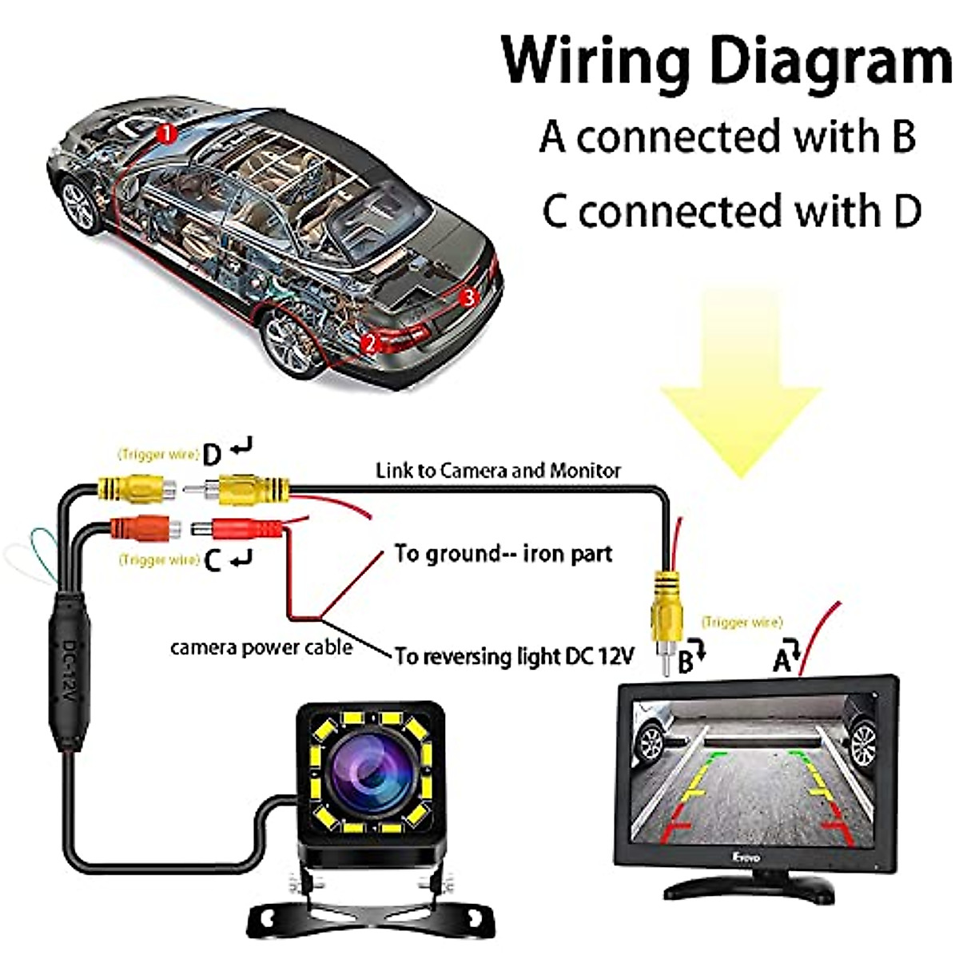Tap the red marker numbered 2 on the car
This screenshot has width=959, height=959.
[x=369, y=344]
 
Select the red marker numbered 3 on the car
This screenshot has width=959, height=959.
[x=468, y=297]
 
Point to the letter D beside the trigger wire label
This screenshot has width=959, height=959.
[x=211, y=456]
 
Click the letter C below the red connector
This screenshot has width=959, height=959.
[x=212, y=561]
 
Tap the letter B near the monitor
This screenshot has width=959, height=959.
[x=685, y=663]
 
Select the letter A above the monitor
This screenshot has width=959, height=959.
[x=782, y=660]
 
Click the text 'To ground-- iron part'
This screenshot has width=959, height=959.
[x=503, y=553]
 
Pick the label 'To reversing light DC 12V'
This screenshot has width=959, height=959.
[x=515, y=656]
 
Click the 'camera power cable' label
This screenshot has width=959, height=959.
[x=261, y=647]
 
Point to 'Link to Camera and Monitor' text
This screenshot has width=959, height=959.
[x=498, y=470]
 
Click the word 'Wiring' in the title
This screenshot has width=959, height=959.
[x=596, y=60]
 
